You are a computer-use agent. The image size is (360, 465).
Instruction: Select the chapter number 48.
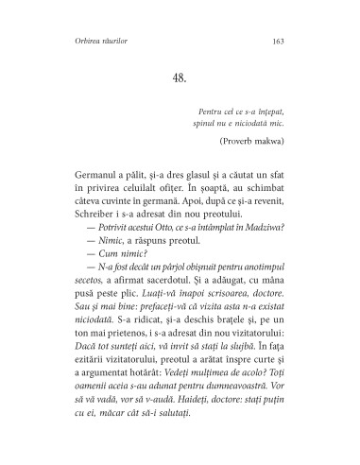(180, 77)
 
